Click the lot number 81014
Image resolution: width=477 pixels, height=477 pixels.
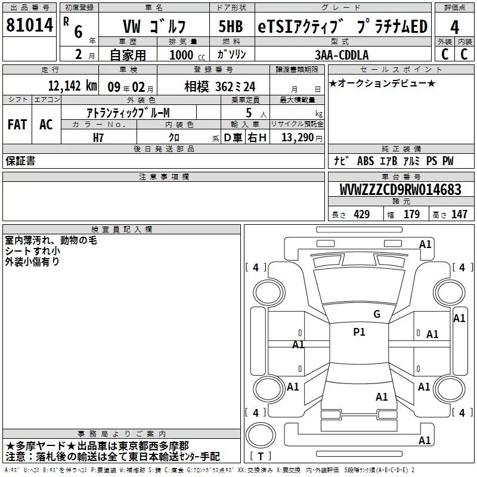click(29, 25)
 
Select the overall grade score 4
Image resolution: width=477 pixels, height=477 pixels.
click(454, 27)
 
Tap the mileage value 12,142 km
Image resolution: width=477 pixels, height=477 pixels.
click(72, 86)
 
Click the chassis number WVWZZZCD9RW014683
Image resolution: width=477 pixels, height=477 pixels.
click(400, 190)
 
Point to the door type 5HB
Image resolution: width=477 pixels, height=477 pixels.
click(231, 26)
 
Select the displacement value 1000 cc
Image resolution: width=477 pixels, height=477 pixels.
click(187, 55)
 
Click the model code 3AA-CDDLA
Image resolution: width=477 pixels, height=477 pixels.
click(342, 55)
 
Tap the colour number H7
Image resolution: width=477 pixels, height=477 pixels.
click(98, 138)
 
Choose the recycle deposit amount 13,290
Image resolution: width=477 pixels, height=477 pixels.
click(297, 137)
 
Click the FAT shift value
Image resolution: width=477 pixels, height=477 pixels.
click(17, 125)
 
